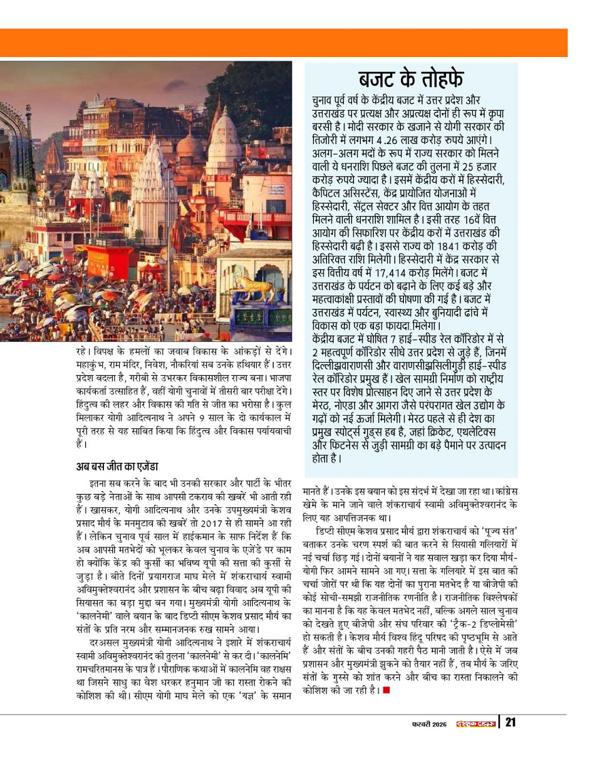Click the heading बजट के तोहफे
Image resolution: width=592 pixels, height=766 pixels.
point(411,80)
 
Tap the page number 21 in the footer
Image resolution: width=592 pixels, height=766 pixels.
point(511,723)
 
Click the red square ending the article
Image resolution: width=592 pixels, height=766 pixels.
point(387,690)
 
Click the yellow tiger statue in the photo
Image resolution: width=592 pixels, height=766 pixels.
point(254,287)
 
